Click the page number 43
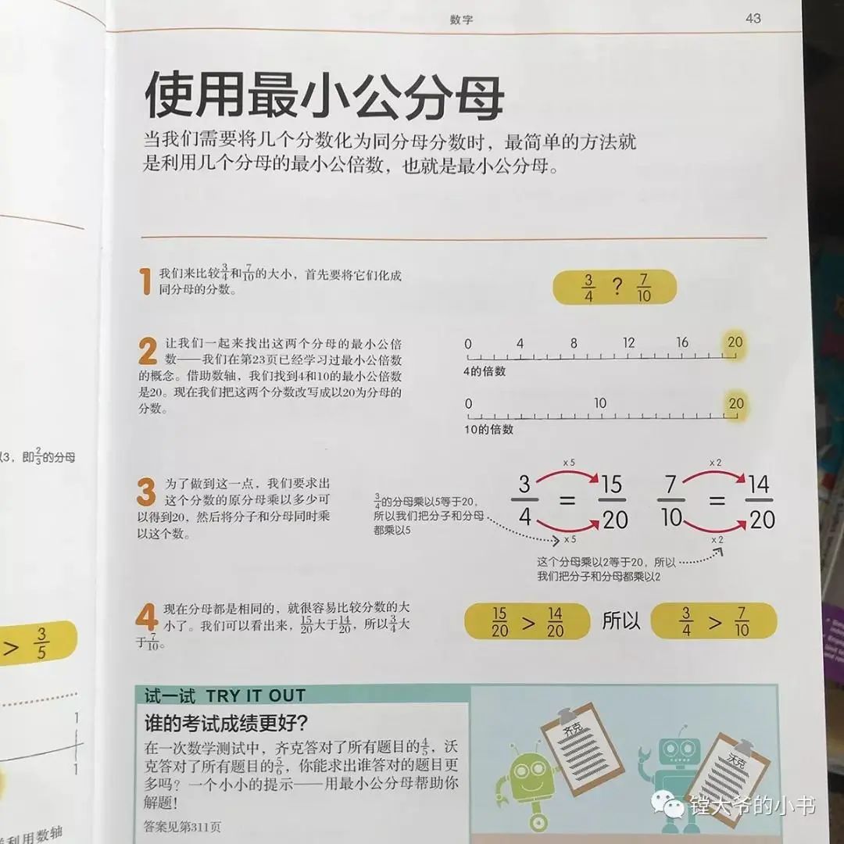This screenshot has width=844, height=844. click(x=753, y=18)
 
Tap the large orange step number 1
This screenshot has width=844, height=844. click(x=145, y=281)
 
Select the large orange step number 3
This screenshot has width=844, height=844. click(x=146, y=492)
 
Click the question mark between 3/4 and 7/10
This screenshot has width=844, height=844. click(x=617, y=286)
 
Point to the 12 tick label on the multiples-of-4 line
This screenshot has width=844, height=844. click(x=628, y=342)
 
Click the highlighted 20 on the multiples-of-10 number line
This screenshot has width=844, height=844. click(x=736, y=403)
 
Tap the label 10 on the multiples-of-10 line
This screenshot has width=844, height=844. click(x=600, y=402)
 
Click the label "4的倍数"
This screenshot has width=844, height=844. click(x=485, y=371)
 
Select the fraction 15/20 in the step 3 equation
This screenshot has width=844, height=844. click(x=613, y=502)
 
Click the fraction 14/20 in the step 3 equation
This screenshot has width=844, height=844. click(x=760, y=502)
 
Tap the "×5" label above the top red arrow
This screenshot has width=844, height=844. click(x=569, y=463)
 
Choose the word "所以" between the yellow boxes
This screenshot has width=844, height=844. click(x=620, y=620)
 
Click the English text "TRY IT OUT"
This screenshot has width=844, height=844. click(x=256, y=696)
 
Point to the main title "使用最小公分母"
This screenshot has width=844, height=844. click(x=324, y=95)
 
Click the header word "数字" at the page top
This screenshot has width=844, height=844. click(x=461, y=20)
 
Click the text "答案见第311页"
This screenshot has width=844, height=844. click(x=182, y=826)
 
